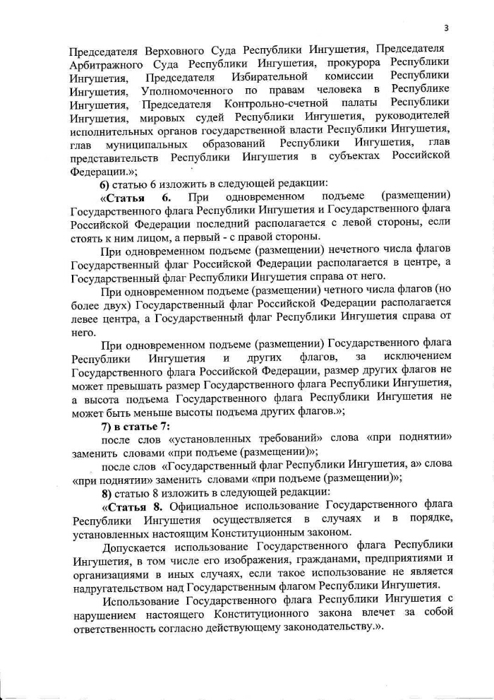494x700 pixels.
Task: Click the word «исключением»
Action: click(416, 358)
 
